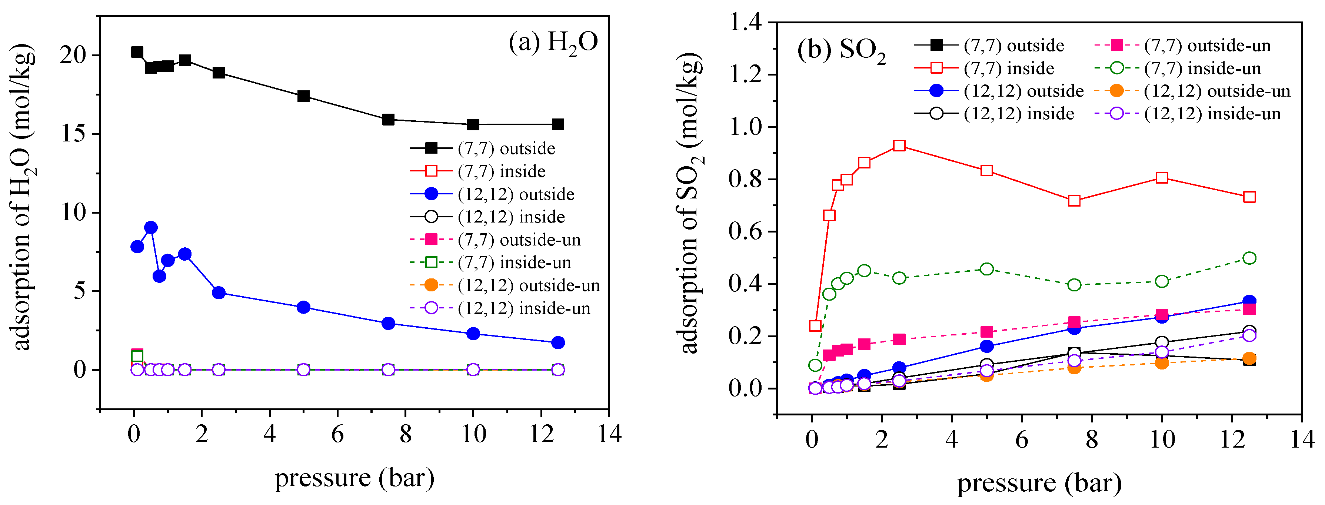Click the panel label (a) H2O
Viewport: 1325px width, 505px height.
point(553,42)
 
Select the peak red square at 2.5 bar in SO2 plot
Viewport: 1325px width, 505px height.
point(899,146)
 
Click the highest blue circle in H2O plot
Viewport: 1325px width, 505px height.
point(151,227)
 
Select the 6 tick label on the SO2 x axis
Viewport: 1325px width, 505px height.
point(1022,440)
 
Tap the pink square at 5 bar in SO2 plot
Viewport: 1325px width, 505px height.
point(986,332)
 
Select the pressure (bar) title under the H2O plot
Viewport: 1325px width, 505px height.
point(354,478)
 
